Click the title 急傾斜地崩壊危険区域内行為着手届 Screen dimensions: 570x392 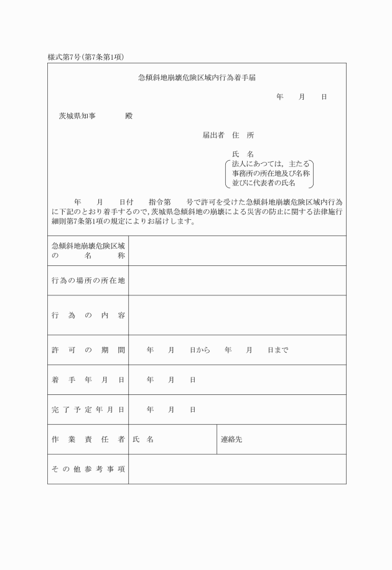(197, 78)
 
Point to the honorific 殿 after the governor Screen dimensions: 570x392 (129, 116)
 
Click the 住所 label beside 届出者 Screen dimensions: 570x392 (243, 135)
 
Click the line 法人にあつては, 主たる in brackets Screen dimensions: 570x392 (269, 164)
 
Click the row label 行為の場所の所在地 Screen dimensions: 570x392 (88, 281)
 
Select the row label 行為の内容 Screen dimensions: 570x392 (88, 315)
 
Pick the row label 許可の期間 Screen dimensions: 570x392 (88, 350)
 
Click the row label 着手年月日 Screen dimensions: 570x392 (88, 380)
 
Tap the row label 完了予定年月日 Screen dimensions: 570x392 (88, 410)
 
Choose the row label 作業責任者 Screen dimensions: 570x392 (88, 440)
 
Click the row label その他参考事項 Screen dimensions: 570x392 (88, 469)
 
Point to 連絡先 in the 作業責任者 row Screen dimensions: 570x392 (231, 440)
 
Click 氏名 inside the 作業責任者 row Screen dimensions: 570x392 (142, 440)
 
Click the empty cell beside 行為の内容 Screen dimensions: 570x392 (237, 315)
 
